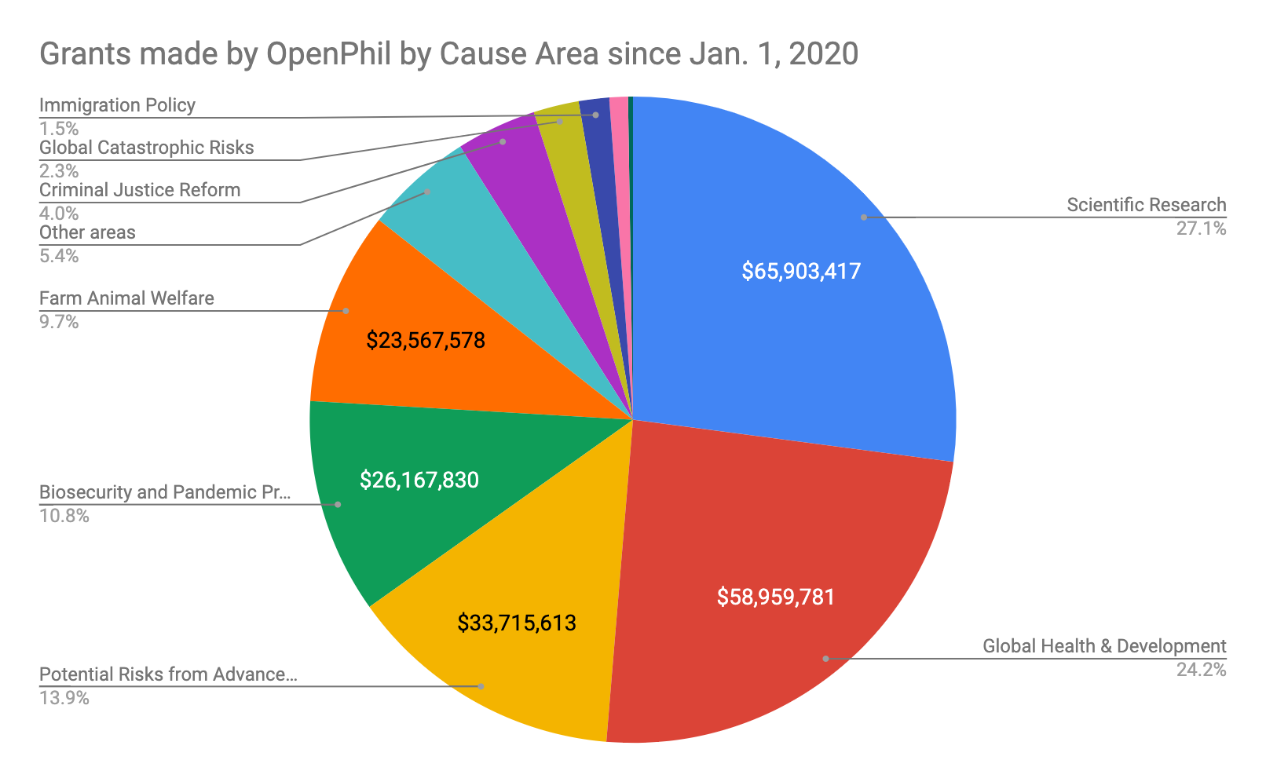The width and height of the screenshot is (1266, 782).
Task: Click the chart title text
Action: (448, 54)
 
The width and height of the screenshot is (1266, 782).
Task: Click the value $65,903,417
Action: (801, 272)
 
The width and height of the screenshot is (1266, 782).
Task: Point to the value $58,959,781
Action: (776, 597)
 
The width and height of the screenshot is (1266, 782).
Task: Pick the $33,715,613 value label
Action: (517, 623)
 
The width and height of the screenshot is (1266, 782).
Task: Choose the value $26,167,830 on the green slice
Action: (419, 481)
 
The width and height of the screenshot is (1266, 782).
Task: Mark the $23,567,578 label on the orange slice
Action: (426, 340)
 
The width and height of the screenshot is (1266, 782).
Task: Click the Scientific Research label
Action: (1146, 205)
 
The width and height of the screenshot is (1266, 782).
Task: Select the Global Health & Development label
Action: (1104, 646)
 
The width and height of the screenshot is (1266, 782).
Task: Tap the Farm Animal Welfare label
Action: (126, 298)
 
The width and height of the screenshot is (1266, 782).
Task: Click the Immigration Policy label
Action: (117, 105)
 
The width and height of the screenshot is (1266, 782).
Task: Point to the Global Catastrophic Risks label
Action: (146, 148)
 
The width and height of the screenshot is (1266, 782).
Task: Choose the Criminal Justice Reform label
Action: (140, 190)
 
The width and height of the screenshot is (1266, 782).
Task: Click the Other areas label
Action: (87, 232)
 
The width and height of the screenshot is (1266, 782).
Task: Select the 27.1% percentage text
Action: (1201, 228)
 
